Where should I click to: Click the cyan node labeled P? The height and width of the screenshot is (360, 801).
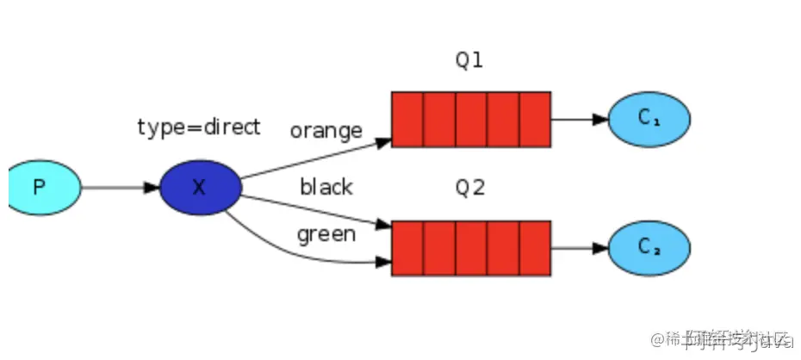(x=43, y=187)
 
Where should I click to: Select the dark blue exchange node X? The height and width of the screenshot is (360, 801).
(x=200, y=187)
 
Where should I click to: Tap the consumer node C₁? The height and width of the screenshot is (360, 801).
(x=649, y=119)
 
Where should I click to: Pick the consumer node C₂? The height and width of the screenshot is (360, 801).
(x=649, y=248)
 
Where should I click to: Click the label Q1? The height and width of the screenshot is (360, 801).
(x=470, y=61)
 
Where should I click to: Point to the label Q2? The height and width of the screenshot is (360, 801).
(x=470, y=187)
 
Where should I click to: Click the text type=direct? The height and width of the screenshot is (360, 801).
(x=198, y=127)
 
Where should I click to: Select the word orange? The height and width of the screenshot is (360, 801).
(x=326, y=131)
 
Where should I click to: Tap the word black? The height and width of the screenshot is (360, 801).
(x=326, y=187)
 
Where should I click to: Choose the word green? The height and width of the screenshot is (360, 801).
(x=326, y=234)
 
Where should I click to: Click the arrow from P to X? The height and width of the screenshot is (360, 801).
(x=120, y=187)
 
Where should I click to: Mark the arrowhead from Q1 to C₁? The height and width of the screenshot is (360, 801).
(x=600, y=119)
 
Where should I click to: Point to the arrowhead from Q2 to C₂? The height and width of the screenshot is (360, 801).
(x=600, y=248)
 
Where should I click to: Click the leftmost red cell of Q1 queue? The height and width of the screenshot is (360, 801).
(x=407, y=119)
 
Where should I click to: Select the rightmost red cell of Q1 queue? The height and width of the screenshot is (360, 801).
(x=535, y=119)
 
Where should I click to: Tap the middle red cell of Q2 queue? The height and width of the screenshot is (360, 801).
(x=471, y=248)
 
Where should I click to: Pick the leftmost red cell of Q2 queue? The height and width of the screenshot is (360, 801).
(x=407, y=248)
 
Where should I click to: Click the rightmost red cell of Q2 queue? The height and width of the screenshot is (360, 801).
(x=535, y=248)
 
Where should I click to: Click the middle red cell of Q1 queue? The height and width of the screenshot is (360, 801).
(x=471, y=119)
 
